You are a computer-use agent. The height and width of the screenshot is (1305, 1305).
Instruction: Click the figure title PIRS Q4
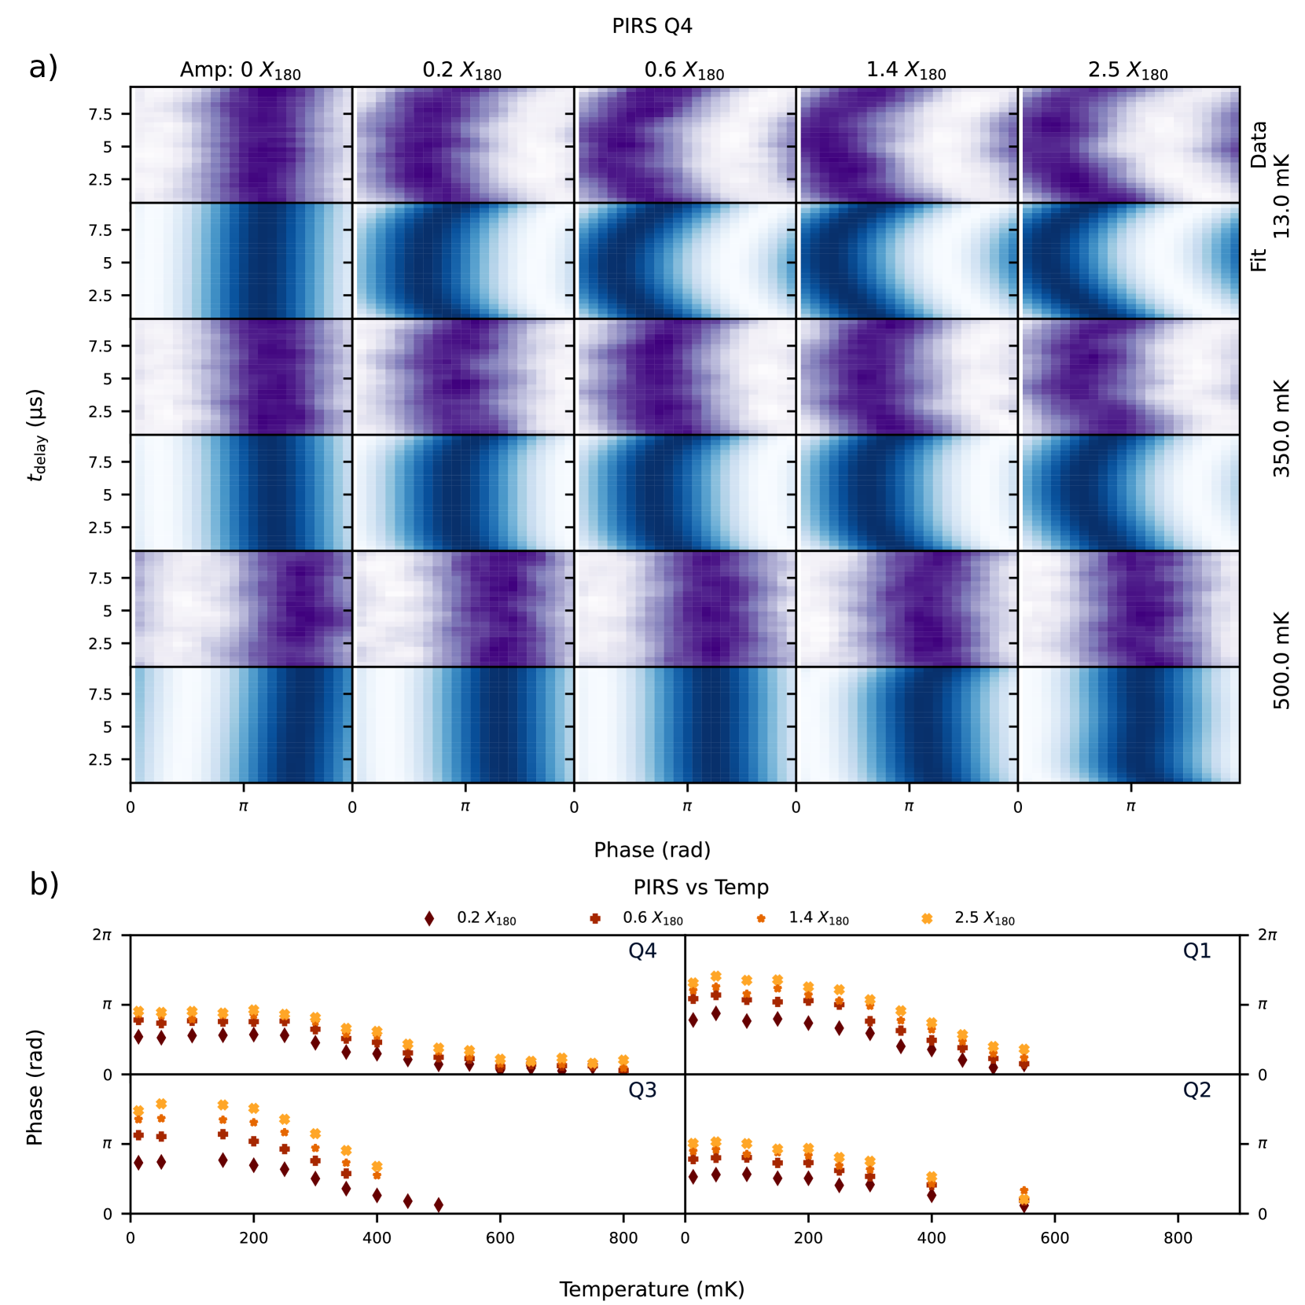tap(652, 26)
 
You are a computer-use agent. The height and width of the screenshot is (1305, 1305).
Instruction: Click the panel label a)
tap(43, 68)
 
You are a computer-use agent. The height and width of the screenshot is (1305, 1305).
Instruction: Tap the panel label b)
tap(44, 884)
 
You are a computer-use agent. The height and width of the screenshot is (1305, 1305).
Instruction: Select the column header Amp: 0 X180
tap(240, 71)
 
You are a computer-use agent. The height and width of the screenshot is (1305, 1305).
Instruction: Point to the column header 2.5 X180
tap(1127, 71)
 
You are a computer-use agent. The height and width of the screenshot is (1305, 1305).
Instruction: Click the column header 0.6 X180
tap(684, 71)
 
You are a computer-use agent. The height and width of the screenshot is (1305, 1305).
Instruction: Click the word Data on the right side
tap(1258, 145)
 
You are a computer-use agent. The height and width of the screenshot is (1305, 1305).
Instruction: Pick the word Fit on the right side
tap(1258, 260)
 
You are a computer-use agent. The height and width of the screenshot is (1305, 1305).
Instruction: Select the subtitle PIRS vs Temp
tap(700, 888)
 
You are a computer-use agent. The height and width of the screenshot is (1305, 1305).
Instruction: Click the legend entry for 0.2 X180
tap(486, 918)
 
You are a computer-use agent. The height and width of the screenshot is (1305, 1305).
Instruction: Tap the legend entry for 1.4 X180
tap(818, 918)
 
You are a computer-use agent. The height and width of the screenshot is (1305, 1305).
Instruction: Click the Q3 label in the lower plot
tap(641, 1090)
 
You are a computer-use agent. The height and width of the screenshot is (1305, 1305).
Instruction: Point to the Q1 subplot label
tap(1197, 951)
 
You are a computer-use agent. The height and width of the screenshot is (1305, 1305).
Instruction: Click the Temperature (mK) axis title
tap(652, 1289)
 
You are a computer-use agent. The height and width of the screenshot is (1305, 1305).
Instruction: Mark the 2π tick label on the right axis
tap(1266, 935)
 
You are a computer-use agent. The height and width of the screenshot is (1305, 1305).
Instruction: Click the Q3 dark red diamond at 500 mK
tap(438, 1204)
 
